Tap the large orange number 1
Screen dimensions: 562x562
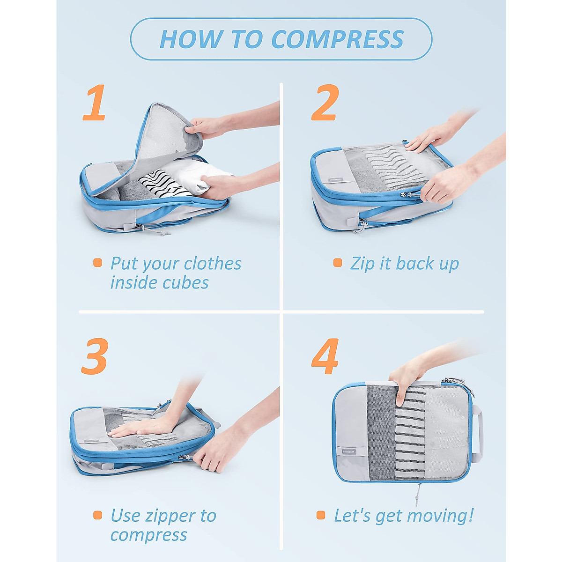click(94, 103)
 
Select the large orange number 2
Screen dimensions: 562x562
click(324, 103)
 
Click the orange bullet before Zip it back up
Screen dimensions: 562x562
click(338, 263)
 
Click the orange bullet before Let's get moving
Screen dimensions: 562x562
click(321, 515)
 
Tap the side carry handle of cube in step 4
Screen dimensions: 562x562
click(478, 431)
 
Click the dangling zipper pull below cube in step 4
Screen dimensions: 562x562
click(417, 494)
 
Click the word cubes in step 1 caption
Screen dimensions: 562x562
click(186, 283)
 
